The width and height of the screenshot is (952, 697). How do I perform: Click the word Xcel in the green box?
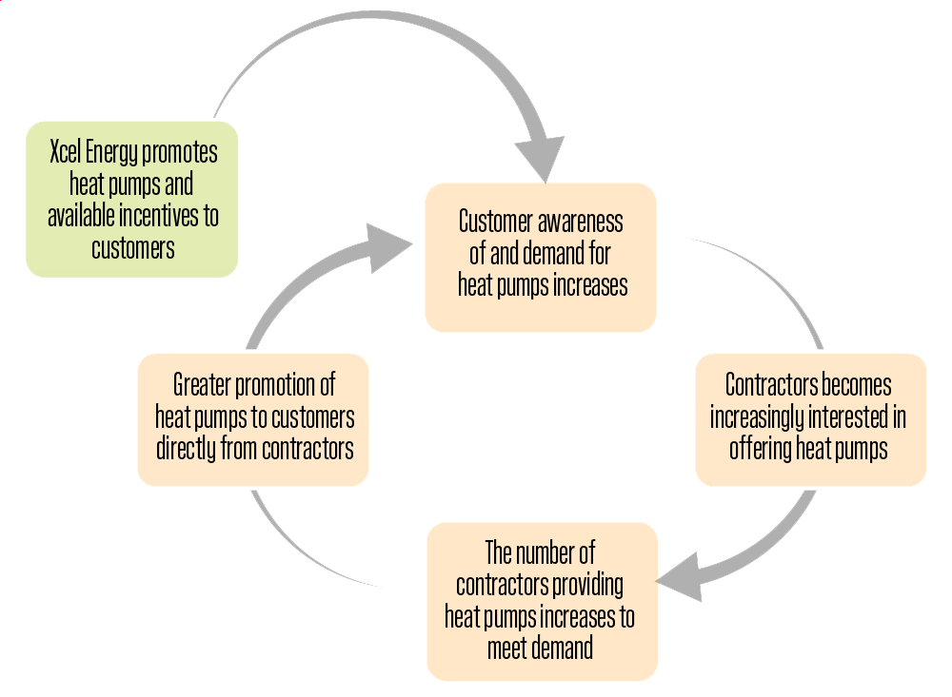66,153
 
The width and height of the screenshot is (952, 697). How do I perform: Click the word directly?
187,449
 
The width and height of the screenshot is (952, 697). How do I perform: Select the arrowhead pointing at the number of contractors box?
683,574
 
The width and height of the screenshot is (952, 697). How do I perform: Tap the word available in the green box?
80,216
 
